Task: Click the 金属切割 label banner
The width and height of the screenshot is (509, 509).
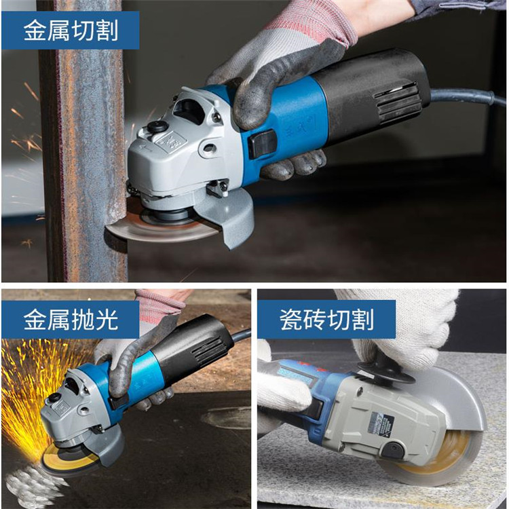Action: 71,30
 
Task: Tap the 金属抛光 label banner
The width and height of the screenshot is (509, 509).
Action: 71,320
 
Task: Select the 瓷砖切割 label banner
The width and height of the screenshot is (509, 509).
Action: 326,320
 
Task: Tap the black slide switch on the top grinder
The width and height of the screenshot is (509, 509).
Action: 262,143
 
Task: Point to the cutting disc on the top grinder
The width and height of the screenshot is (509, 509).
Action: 162,227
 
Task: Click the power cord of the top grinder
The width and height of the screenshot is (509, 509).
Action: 468,96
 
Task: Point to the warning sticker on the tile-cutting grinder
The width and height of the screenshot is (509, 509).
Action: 381,424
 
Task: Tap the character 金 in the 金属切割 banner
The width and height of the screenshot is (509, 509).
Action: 35,30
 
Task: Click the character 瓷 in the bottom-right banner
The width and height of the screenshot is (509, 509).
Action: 291,320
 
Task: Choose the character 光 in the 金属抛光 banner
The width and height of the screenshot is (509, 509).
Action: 107,320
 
